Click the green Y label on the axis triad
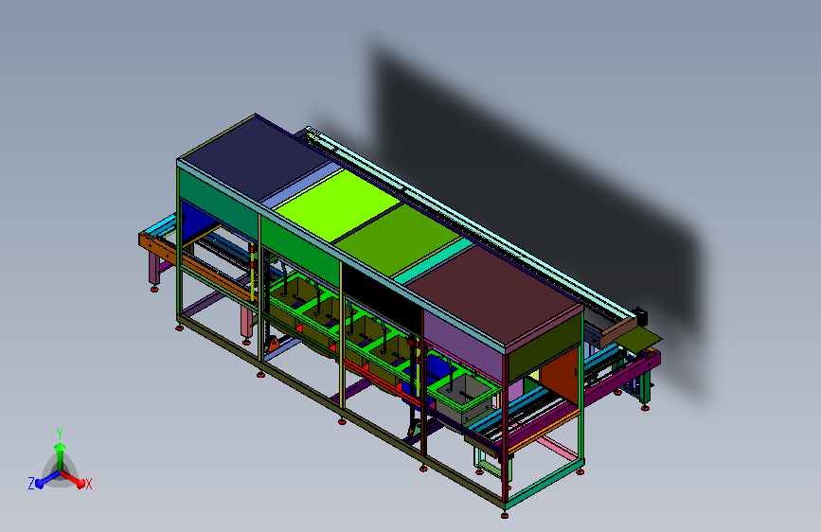pos(59,433)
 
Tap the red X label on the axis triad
pos(88,484)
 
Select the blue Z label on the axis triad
pos(31,484)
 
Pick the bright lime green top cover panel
pos(337,204)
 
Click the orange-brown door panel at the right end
pos(560,376)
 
